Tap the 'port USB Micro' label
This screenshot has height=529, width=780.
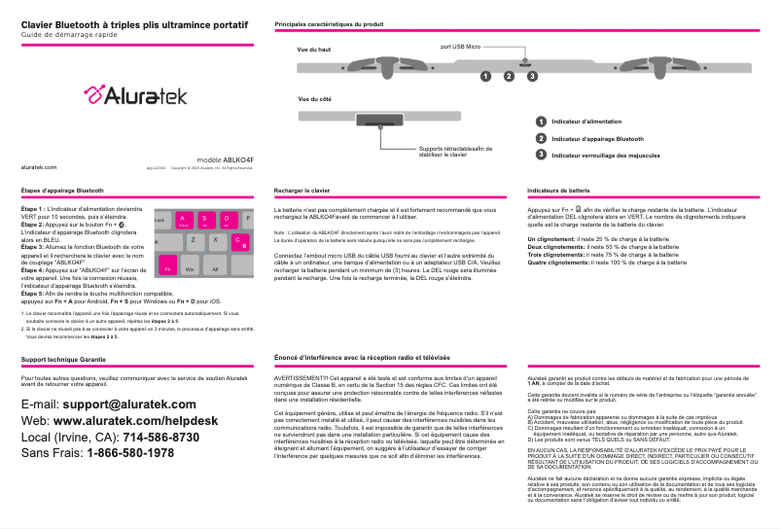460,46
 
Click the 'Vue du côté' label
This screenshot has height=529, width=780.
314,99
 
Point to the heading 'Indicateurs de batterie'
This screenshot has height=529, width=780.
558,190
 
